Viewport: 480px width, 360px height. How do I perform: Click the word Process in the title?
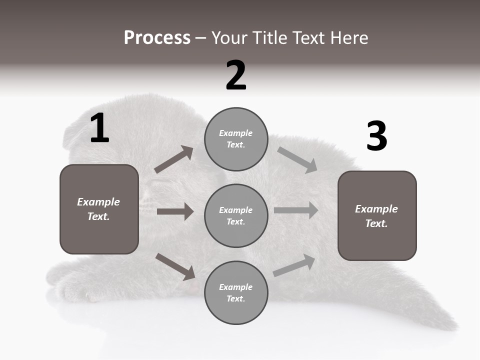click(x=157, y=38)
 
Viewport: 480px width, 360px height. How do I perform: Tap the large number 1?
click(x=99, y=128)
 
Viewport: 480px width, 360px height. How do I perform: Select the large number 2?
click(x=236, y=75)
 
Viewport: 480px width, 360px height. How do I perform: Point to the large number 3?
click(x=376, y=136)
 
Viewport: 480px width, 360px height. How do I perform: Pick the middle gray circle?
click(x=236, y=215)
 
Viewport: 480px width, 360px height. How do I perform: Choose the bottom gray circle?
click(x=236, y=292)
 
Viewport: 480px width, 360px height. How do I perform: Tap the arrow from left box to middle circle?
click(x=175, y=211)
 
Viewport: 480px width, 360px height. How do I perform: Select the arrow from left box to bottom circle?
click(x=175, y=266)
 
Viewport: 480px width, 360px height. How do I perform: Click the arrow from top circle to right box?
click(x=297, y=160)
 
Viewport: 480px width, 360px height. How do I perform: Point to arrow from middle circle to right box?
click(x=295, y=210)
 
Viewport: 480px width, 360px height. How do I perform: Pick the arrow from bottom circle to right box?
click(x=294, y=265)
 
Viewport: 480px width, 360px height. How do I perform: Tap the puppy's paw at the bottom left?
click(x=75, y=290)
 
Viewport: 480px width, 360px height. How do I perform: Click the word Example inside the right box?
click(x=376, y=209)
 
